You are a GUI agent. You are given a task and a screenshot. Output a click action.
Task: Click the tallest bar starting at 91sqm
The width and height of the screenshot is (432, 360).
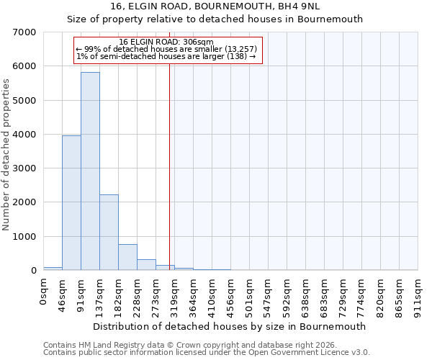click(x=90, y=171)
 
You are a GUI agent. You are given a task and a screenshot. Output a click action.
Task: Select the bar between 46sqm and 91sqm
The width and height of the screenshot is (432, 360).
click(x=71, y=203)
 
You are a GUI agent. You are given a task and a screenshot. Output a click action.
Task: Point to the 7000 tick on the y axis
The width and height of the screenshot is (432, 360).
click(x=25, y=32)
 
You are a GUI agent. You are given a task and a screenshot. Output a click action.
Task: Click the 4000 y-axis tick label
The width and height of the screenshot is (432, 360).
click(x=25, y=135)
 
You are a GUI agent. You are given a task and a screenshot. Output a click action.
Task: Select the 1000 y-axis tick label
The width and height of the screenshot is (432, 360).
click(x=25, y=237)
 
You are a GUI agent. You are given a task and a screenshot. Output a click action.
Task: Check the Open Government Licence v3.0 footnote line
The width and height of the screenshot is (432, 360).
click(x=206, y=353)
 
